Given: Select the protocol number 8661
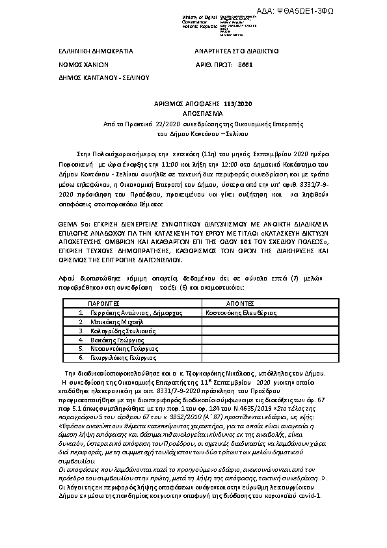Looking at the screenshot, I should tap(245, 64).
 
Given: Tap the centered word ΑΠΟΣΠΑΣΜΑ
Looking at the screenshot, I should tap(193, 113).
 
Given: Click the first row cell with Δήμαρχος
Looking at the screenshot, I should tap(124, 313).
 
